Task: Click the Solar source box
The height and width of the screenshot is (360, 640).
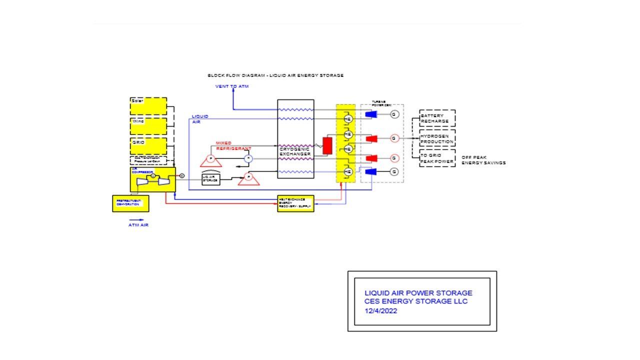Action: pyautogui.click(x=148, y=106)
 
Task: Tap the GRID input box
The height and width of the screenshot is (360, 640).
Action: pyautogui.click(x=148, y=146)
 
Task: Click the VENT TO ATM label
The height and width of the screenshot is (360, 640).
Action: pyautogui.click(x=232, y=86)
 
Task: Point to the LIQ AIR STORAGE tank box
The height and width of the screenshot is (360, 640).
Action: pyautogui.click(x=211, y=179)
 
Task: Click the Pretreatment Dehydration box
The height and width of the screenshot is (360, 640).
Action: pyautogui.click(x=130, y=203)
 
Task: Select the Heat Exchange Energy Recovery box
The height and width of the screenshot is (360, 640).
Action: pyautogui.click(x=295, y=203)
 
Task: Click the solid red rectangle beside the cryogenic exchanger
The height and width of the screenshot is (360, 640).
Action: pyautogui.click(x=327, y=145)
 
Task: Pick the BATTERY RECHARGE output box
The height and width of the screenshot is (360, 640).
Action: pyautogui.click(x=437, y=118)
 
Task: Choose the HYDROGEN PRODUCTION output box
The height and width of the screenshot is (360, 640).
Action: pyautogui.click(x=437, y=138)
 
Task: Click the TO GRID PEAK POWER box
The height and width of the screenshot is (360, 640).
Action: pyautogui.click(x=437, y=158)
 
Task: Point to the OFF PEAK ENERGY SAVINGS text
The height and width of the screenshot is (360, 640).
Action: pyautogui.click(x=483, y=160)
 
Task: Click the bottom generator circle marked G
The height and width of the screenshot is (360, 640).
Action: pyautogui.click(x=394, y=171)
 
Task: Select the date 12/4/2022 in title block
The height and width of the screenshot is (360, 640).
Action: pyautogui.click(x=381, y=310)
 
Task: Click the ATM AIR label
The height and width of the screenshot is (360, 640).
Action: pyautogui.click(x=138, y=225)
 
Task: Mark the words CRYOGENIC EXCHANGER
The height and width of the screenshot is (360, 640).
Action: pyautogui.click(x=295, y=151)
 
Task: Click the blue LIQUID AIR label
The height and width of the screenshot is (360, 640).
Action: pyautogui.click(x=200, y=118)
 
